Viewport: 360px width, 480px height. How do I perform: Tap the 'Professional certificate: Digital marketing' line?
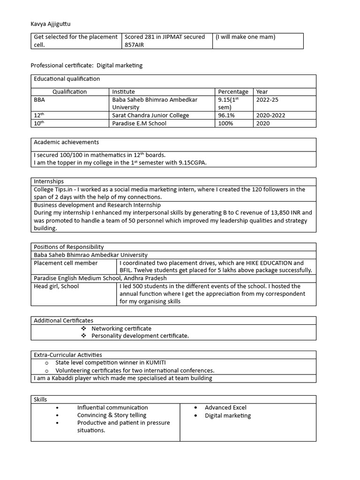87,66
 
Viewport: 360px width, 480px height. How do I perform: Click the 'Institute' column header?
123,92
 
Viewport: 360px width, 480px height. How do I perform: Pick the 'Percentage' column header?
233,92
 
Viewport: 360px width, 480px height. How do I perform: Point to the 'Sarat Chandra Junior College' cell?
150,115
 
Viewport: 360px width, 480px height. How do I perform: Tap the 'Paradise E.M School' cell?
139,123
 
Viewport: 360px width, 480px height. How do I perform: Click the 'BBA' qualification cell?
40,100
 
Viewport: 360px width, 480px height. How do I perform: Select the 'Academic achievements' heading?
66,142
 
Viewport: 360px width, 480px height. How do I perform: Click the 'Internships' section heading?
49,181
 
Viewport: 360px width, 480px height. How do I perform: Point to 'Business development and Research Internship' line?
97,205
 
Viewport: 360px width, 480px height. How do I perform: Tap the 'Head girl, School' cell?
56,286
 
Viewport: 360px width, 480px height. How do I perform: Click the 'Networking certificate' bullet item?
121,329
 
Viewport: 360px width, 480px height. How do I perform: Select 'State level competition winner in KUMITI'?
111,363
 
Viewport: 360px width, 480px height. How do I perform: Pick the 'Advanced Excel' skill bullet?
225,408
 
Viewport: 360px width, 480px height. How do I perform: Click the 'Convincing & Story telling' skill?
112,415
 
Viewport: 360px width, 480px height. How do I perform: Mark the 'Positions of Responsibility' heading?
69,247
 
